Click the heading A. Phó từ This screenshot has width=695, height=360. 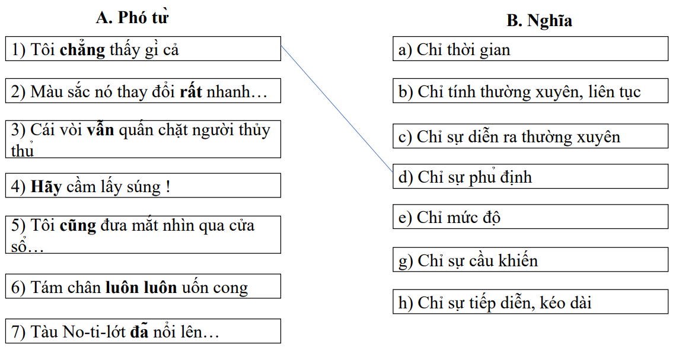click(x=132, y=18)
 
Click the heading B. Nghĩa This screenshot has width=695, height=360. click(x=539, y=21)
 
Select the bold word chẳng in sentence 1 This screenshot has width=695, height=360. click(x=82, y=50)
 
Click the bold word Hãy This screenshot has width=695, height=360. click(x=45, y=187)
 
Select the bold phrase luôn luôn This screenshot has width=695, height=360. click(x=141, y=288)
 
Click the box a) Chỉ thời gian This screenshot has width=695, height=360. click(x=530, y=49)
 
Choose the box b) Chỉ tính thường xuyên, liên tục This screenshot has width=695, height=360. click(x=530, y=92)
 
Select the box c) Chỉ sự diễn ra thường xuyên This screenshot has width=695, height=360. click(x=530, y=137)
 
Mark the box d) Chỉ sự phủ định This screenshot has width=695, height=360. click(x=530, y=177)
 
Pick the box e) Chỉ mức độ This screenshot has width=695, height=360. click(x=530, y=217)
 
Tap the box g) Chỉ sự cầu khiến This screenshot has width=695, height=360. click(x=530, y=260)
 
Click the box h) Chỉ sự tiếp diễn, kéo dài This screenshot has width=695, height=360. click(x=530, y=303)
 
